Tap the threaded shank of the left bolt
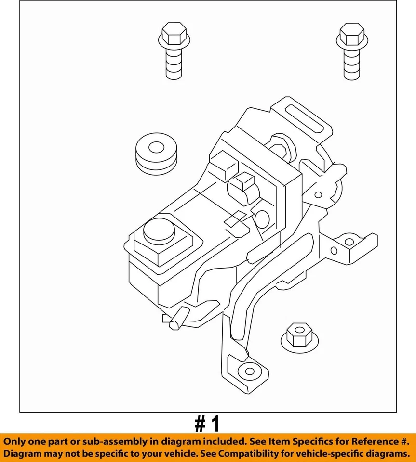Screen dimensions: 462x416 172,64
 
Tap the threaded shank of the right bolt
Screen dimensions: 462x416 351,64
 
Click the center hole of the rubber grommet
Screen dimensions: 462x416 156,146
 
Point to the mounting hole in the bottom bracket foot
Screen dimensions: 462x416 249,371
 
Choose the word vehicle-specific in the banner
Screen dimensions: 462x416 340,453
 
